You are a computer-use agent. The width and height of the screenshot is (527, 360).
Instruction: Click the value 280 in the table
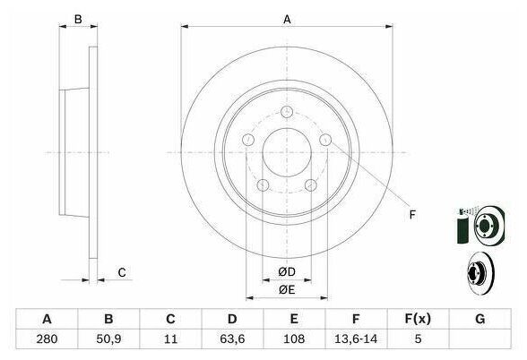[47, 339]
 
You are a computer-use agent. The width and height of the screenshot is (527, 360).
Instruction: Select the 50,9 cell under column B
[108, 339]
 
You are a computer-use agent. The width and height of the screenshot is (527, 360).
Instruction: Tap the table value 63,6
[232, 339]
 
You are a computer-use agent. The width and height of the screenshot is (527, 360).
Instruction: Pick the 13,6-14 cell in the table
[356, 339]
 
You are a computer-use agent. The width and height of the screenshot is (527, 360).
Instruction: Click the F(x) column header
[418, 319]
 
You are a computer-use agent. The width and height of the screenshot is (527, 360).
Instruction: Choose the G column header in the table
[480, 319]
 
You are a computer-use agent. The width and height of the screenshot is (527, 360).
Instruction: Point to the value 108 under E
[294, 339]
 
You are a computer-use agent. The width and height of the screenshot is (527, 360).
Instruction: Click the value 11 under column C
[170, 339]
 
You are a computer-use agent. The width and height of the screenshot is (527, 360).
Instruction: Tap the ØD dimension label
[287, 271]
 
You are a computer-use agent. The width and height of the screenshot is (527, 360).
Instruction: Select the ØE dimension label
[287, 289]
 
